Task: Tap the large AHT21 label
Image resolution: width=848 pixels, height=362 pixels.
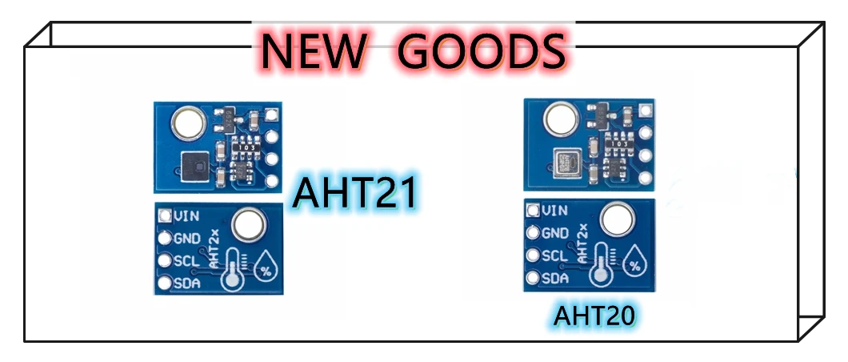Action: click(x=355, y=193)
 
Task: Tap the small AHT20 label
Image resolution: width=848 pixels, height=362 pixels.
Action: click(x=594, y=316)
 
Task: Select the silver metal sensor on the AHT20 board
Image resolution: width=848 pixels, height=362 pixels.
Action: click(x=566, y=166)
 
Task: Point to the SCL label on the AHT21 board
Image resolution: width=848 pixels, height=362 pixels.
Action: click(x=186, y=260)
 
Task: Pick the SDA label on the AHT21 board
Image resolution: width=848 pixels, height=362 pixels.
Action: click(x=186, y=283)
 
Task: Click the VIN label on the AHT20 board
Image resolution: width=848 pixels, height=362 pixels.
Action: click(x=555, y=211)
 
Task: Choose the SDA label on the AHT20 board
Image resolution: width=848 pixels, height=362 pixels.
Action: click(x=555, y=279)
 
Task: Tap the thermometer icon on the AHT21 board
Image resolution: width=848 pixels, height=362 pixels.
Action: click(x=231, y=269)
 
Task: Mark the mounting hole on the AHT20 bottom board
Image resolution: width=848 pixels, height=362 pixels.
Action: click(x=618, y=219)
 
